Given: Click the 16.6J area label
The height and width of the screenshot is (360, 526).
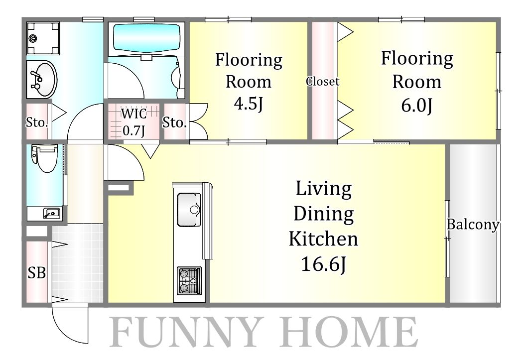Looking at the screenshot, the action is [x=324, y=264].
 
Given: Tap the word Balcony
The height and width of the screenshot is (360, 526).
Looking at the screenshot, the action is [x=473, y=225].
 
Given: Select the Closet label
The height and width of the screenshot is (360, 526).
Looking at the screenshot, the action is [x=322, y=82].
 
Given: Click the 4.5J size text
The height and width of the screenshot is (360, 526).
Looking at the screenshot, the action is [x=248, y=104].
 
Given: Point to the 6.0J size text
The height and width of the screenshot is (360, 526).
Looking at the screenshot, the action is [x=416, y=106].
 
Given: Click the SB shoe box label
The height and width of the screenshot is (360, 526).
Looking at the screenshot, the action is [x=36, y=273].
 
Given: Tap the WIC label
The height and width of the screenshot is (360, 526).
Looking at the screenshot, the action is [x=134, y=114].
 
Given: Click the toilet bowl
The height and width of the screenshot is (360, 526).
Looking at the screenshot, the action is [x=45, y=157].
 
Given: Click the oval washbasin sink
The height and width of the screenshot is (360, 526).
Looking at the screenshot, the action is [x=42, y=80].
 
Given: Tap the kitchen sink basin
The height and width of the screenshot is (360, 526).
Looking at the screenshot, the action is [x=189, y=210].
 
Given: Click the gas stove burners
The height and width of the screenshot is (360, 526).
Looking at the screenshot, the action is [x=189, y=281].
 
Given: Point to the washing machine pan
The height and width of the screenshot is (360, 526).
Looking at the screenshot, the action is [x=43, y=38].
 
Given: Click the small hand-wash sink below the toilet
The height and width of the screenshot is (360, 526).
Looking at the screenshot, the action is [x=51, y=213].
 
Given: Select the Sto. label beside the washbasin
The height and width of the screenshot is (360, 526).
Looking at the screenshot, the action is [x=37, y=122].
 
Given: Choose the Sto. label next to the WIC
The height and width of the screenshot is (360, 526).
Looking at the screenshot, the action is [x=174, y=122].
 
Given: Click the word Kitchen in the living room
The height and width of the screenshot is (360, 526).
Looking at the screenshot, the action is [x=323, y=239].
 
